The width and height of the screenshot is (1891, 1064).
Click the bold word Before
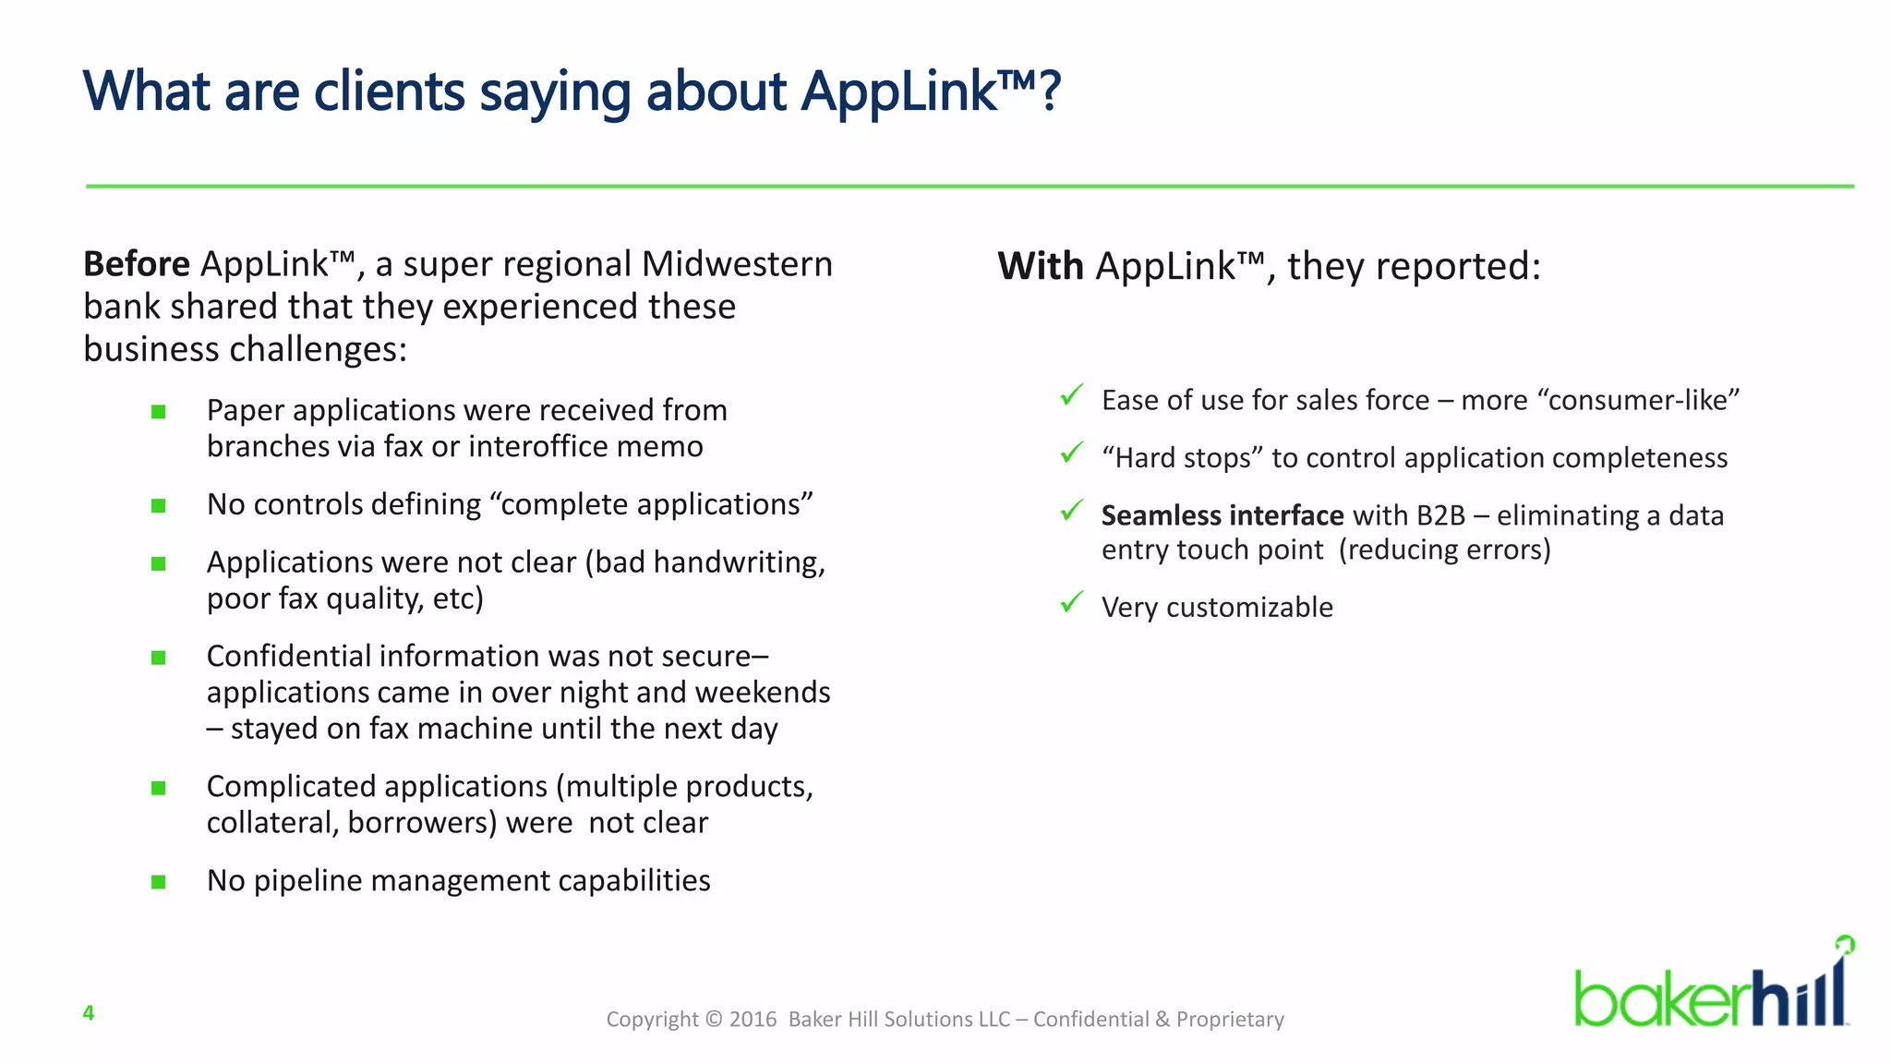click(137, 264)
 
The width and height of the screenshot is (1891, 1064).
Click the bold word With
click(1040, 266)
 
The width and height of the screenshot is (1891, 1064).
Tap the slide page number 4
click(89, 1013)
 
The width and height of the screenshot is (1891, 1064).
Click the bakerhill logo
click(1713, 988)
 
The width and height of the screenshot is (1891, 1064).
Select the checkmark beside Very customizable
click(1071, 602)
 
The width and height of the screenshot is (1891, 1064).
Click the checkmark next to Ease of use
click(1071, 395)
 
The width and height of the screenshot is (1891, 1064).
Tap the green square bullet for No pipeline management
click(159, 882)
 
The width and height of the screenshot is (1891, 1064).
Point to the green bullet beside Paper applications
click(159, 412)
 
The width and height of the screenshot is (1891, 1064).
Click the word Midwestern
click(737, 264)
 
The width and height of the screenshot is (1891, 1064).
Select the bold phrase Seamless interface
click(1222, 515)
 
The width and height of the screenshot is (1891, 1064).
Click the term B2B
click(1440, 515)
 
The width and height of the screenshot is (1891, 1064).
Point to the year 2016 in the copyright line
click(753, 1019)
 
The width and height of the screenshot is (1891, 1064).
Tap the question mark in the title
click(1050, 92)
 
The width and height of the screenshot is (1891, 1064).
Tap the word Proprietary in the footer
click(1230, 1019)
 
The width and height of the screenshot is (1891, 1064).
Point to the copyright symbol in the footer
click(714, 1019)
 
